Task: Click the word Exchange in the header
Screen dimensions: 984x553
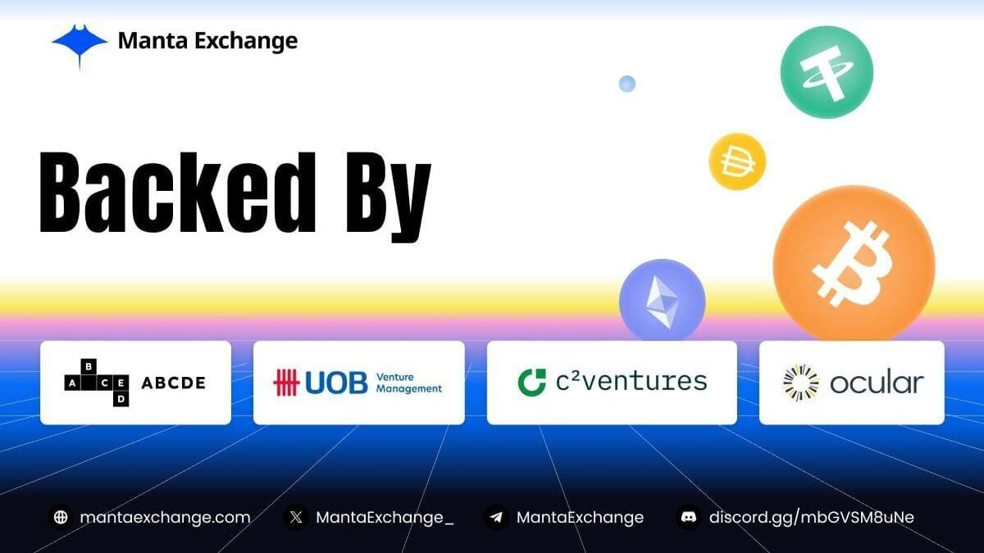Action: click(x=246, y=41)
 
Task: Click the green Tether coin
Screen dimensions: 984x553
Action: click(x=827, y=72)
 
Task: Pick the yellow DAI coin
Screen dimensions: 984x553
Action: click(x=737, y=161)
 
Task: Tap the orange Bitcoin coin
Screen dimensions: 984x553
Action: click(x=854, y=265)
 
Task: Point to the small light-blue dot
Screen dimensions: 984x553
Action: click(x=626, y=84)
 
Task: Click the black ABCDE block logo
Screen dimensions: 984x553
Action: click(x=97, y=383)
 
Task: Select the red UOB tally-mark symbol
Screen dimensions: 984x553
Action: click(x=286, y=383)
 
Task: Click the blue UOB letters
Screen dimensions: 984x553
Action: click(x=336, y=383)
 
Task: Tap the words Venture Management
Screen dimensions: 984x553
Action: click(x=409, y=383)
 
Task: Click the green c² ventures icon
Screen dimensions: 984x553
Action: click(x=532, y=383)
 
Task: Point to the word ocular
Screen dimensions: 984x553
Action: click(x=877, y=383)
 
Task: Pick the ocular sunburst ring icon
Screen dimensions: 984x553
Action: click(x=801, y=383)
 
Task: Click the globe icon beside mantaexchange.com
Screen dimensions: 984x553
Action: click(x=61, y=518)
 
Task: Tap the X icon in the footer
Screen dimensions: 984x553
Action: click(x=296, y=518)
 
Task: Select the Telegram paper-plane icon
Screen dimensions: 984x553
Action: click(x=496, y=518)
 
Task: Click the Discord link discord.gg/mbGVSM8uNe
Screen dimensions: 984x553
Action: click(x=811, y=518)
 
